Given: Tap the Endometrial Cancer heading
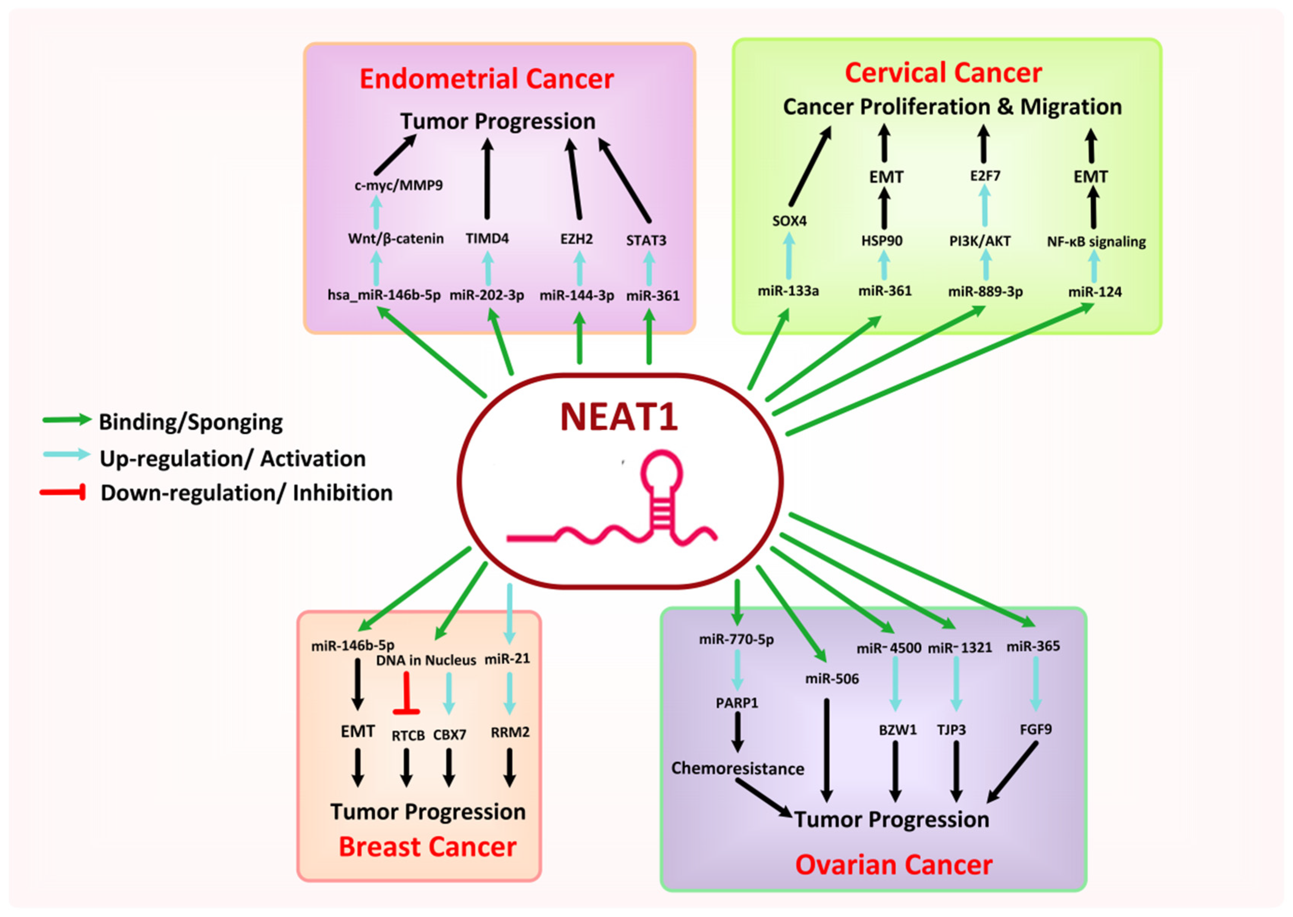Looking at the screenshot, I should (x=486, y=79).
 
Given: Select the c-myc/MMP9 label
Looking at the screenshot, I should (x=398, y=185).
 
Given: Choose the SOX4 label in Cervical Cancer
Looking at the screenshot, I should (x=789, y=221).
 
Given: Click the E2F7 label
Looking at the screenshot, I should (x=985, y=176).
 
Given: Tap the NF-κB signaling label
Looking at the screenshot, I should (x=1096, y=242).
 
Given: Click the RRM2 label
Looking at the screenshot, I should (x=509, y=732).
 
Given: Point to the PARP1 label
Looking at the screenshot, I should (x=737, y=703).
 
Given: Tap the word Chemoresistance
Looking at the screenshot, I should (x=737, y=768).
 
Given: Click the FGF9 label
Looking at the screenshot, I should (x=1035, y=730).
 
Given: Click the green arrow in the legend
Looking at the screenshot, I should (x=67, y=419).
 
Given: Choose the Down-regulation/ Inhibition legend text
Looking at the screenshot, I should (x=246, y=493).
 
